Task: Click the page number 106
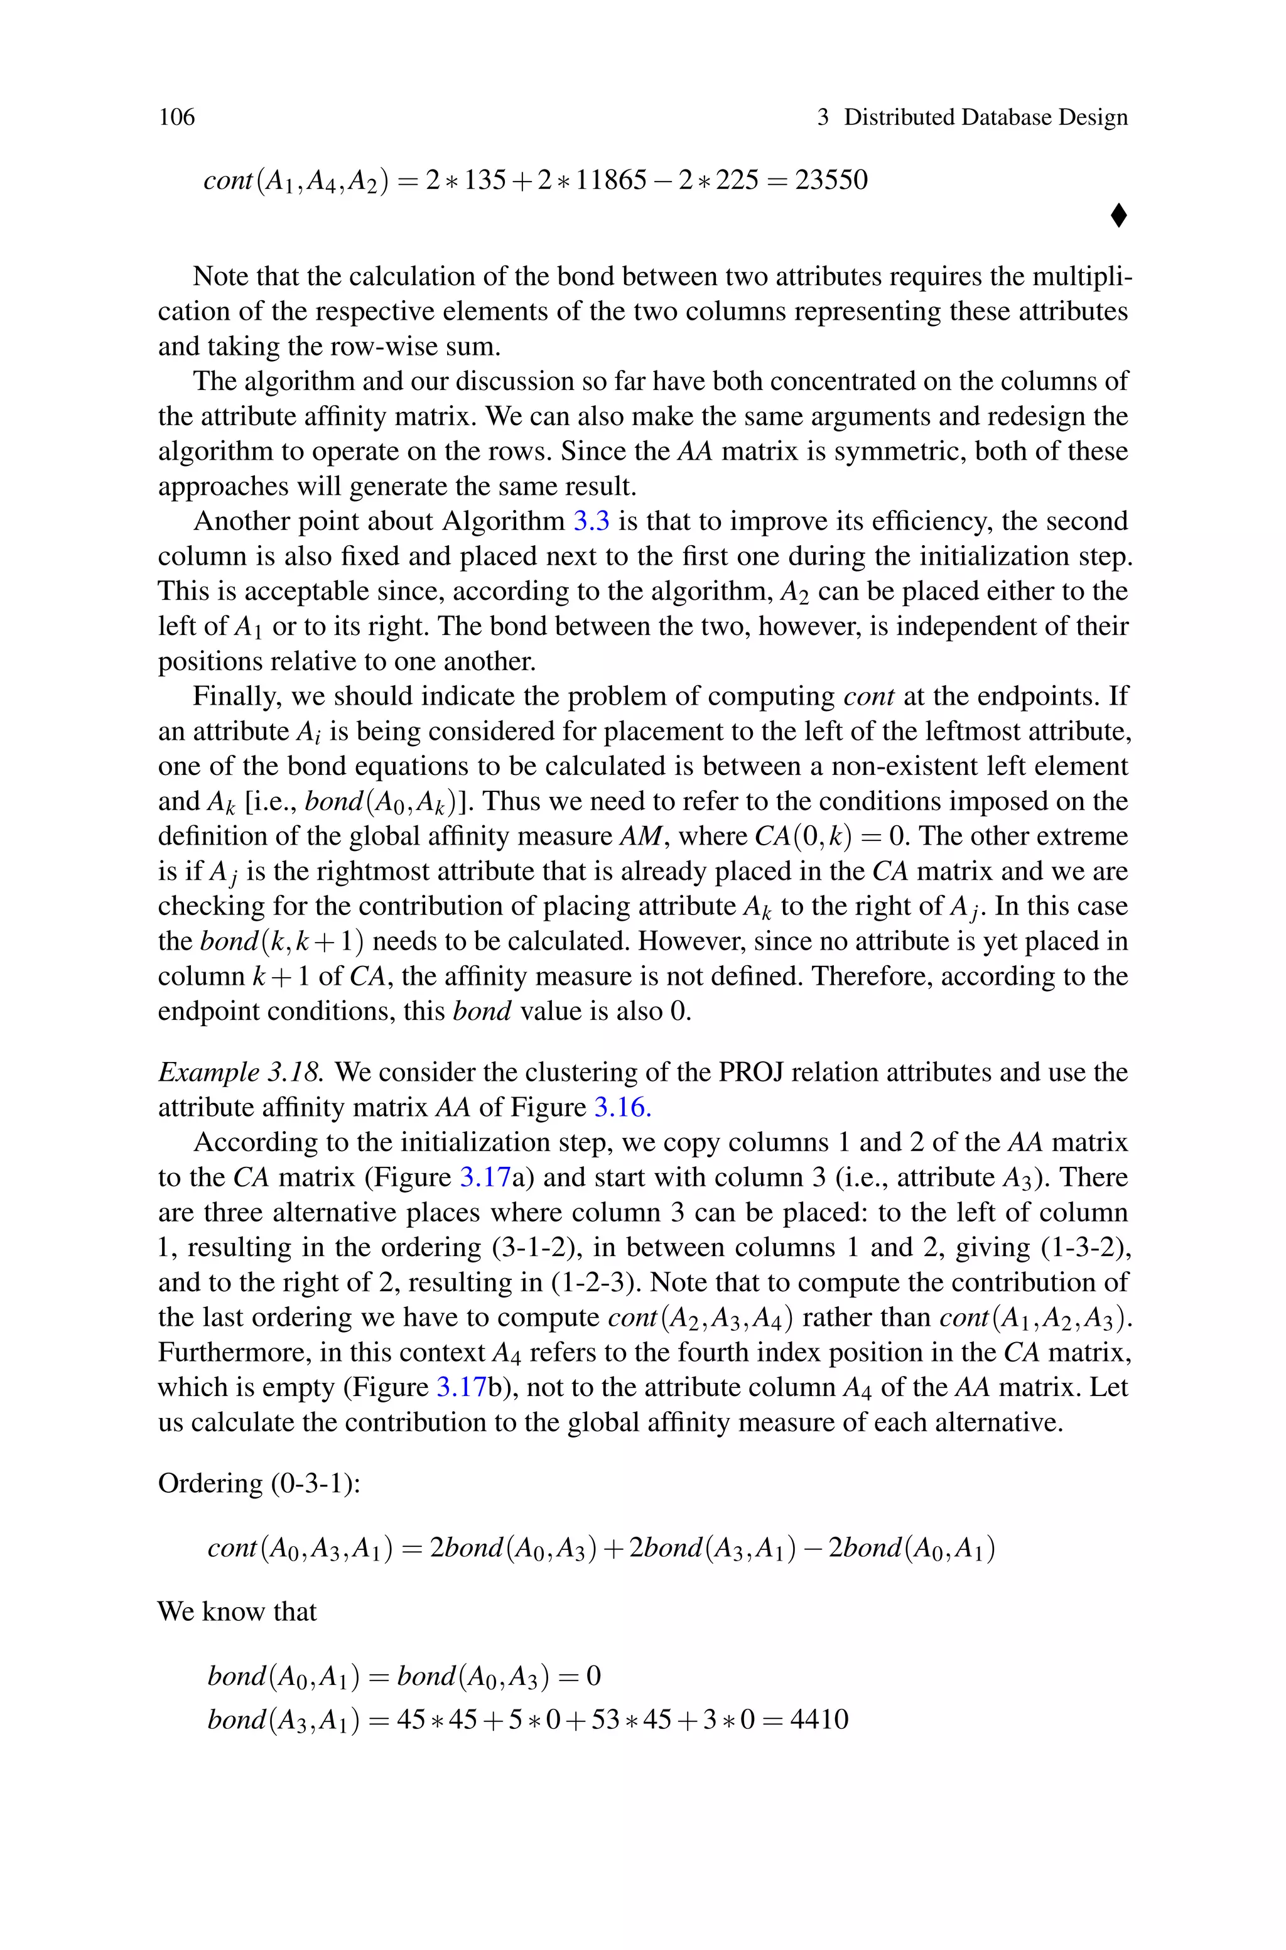click(x=176, y=117)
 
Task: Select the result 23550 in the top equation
click(x=831, y=180)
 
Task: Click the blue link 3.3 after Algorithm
click(x=590, y=521)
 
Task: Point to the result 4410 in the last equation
click(x=819, y=1719)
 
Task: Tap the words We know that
click(x=236, y=1611)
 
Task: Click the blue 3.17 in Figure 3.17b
click(x=462, y=1387)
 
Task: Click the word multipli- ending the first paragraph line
click(x=1081, y=276)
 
